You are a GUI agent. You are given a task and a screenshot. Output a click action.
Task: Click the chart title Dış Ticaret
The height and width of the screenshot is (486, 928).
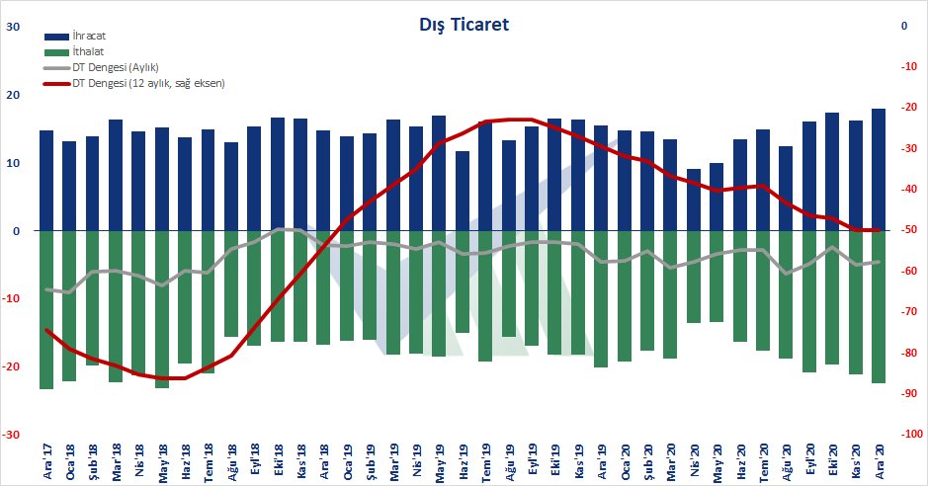point(464,25)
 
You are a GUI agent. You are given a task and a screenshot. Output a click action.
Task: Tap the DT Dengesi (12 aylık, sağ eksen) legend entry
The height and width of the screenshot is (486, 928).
point(148,83)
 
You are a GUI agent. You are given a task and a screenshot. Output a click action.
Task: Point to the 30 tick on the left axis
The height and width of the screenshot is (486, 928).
point(14,28)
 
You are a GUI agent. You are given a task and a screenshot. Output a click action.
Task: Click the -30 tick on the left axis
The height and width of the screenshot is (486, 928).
point(12,435)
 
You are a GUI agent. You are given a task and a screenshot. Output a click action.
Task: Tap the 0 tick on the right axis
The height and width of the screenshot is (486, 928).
point(903,27)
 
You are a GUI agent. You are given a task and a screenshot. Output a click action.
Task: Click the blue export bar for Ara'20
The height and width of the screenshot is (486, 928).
point(878,169)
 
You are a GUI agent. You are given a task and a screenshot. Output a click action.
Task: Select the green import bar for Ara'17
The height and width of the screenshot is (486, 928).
point(46,309)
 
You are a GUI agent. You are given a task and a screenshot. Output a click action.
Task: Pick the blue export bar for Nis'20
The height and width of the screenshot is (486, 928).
point(693,200)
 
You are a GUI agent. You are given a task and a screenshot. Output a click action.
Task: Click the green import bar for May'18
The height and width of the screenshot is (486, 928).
point(162,308)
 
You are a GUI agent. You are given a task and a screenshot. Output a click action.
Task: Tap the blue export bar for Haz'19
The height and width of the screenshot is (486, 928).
point(462,191)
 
